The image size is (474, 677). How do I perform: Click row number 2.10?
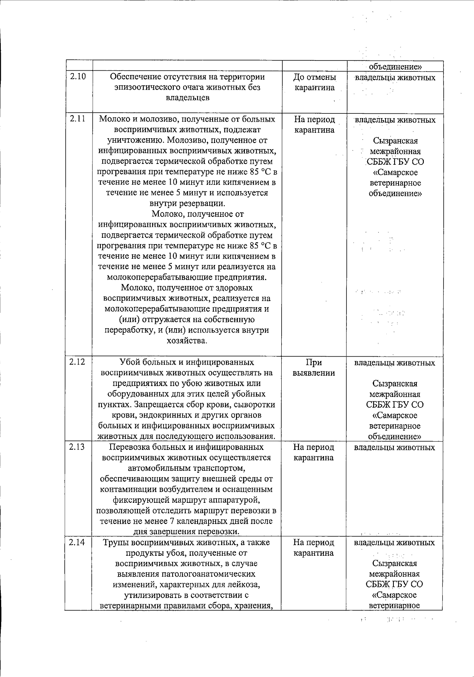[x=78, y=77]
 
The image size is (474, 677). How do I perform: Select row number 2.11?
[x=78, y=119]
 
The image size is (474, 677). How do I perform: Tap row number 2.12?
[x=77, y=362]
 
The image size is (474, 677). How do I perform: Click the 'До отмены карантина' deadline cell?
[x=314, y=82]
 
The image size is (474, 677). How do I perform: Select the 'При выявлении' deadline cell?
[x=314, y=367]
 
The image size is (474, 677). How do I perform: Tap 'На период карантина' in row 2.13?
[x=314, y=452]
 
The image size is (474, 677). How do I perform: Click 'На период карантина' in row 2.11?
[x=314, y=124]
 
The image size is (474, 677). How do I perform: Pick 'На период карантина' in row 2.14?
[x=314, y=547]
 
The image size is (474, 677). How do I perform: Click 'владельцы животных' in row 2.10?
[x=395, y=77]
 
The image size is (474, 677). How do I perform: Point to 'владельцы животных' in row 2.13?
[x=394, y=447]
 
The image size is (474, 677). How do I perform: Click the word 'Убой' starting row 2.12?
[x=128, y=362]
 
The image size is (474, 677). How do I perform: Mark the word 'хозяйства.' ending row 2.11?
[x=187, y=340]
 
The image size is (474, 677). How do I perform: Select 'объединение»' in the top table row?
[x=395, y=67]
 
